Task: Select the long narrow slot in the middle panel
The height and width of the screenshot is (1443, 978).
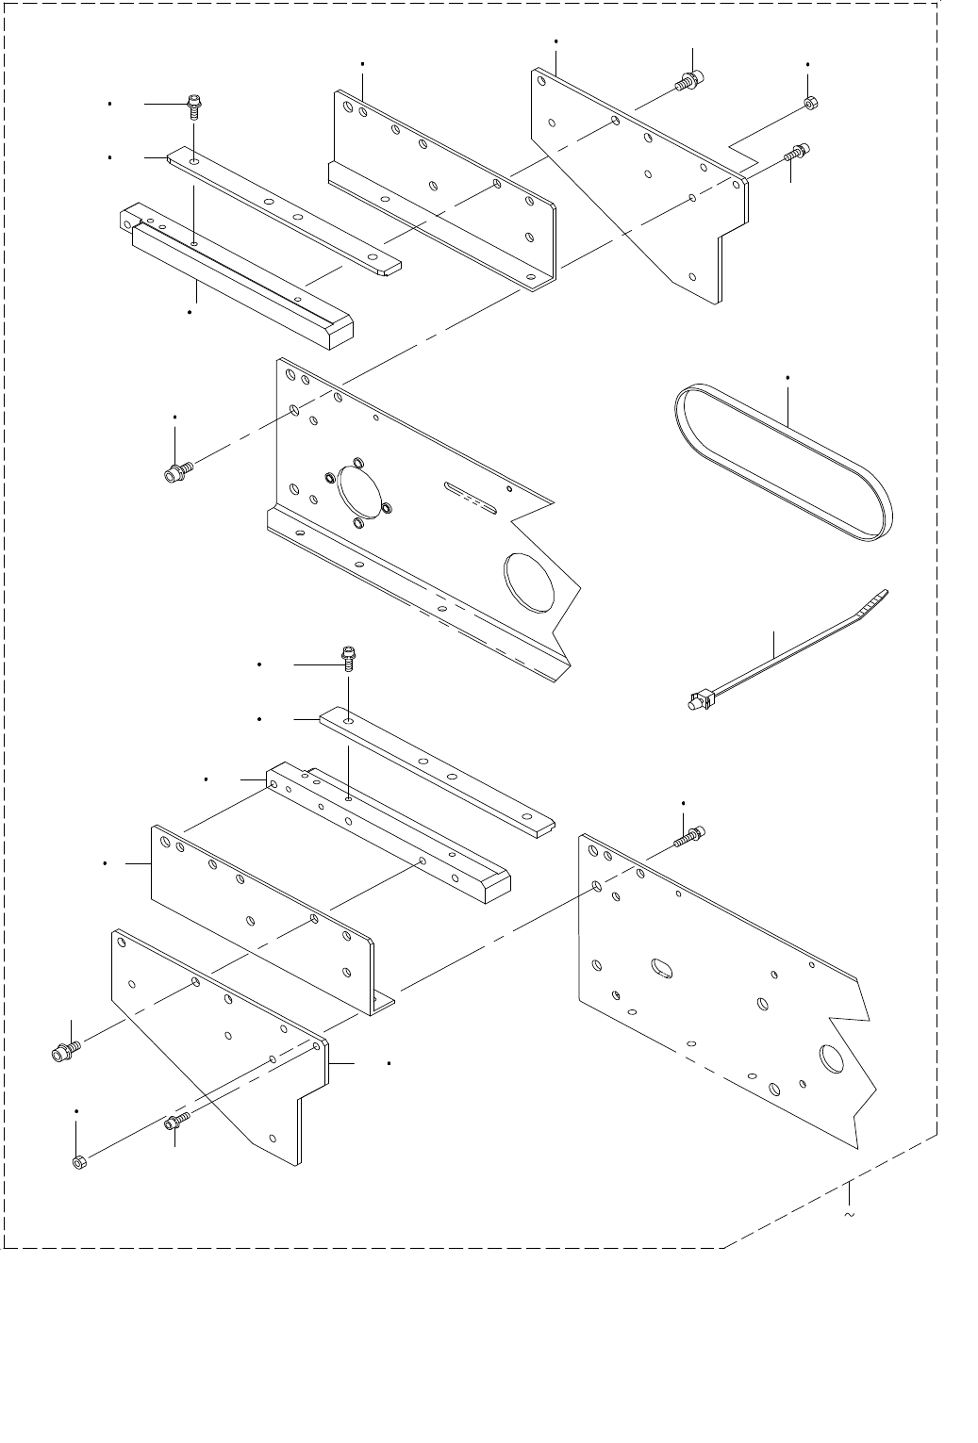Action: pyautogui.click(x=469, y=497)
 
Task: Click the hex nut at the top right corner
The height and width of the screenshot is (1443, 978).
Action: pyautogui.click(x=810, y=103)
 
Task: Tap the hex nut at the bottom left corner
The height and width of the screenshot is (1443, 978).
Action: pyautogui.click(x=80, y=1161)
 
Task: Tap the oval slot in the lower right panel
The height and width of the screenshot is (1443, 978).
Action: pyautogui.click(x=661, y=968)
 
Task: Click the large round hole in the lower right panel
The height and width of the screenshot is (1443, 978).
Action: pyautogui.click(x=834, y=1058)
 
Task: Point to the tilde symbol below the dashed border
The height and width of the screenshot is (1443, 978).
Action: pyautogui.click(x=850, y=1216)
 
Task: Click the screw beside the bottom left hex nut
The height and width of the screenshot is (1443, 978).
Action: pyautogui.click(x=176, y=1121)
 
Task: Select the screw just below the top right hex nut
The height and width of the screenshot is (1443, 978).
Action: pyautogui.click(x=797, y=151)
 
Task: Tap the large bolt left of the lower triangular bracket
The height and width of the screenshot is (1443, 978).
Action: pyautogui.click(x=65, y=1048)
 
